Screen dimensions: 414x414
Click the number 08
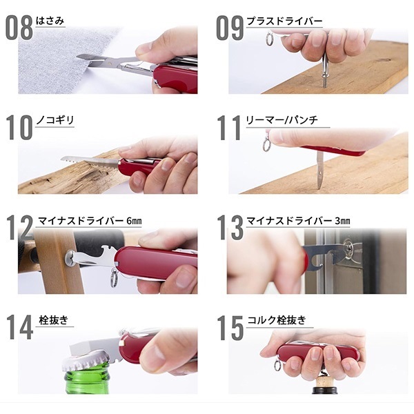[19, 28]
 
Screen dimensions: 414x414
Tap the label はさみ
[50, 21]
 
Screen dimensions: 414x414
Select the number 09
[230, 28]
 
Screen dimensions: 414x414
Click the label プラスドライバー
[284, 21]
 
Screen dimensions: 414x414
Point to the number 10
[19, 128]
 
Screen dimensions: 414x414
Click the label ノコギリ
[55, 121]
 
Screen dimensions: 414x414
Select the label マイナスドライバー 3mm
[298, 221]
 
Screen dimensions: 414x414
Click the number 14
[19, 328]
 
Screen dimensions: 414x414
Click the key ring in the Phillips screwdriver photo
[269, 39]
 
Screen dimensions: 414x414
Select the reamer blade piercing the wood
[320, 169]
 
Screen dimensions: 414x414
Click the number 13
[230, 228]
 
